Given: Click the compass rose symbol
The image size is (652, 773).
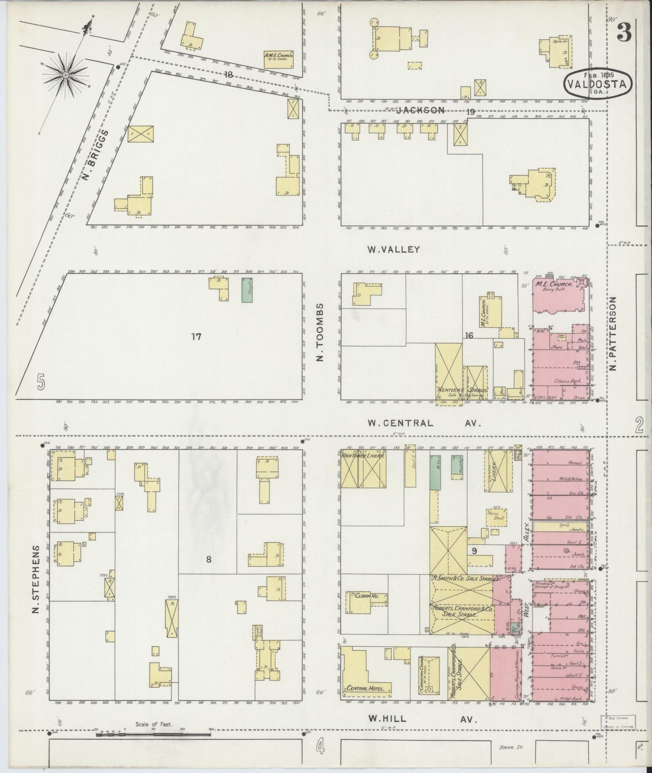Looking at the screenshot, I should coord(66,74).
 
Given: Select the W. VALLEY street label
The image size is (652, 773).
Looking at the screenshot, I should coord(394,249).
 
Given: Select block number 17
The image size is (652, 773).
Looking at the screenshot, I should coord(196,336).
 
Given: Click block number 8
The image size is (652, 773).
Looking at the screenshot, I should coord(208,560).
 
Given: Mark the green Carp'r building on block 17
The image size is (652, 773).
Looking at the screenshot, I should coord(246,290).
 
